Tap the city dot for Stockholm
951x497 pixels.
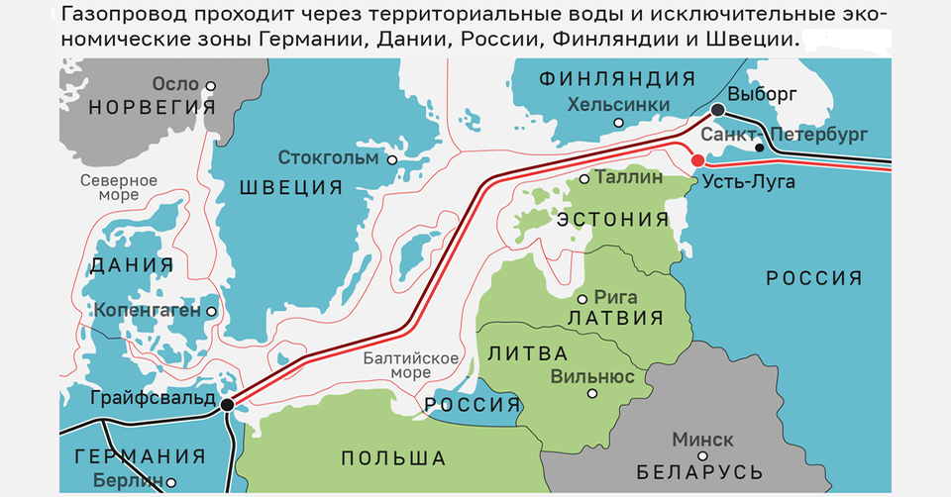[x=393, y=159]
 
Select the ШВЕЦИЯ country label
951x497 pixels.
[x=288, y=187]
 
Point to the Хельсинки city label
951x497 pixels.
[x=619, y=104]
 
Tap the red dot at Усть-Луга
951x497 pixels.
[x=697, y=160]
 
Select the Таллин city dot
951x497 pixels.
[x=584, y=179]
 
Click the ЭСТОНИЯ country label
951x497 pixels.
[x=614, y=219]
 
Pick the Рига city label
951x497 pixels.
[x=616, y=296]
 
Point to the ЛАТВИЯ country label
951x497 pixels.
[x=615, y=318]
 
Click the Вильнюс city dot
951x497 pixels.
[x=591, y=393]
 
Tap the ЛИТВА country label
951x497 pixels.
[x=529, y=353]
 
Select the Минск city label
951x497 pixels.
[x=702, y=439]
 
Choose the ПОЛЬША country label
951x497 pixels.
[x=393, y=457]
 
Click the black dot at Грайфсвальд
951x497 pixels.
[x=228, y=404]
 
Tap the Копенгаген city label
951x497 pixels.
[x=148, y=311]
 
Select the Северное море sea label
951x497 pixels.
[x=118, y=188]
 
